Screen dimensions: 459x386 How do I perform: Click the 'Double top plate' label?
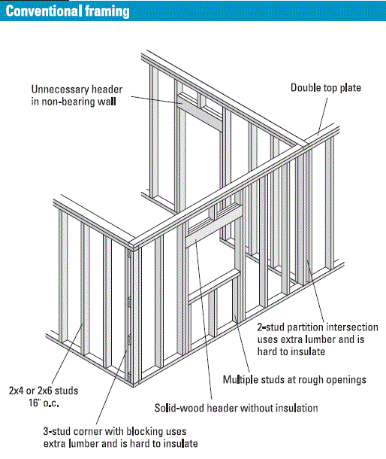[x=326, y=88]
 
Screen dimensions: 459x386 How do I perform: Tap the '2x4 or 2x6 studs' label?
[x=44, y=391]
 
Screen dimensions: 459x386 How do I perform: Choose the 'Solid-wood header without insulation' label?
[x=237, y=408]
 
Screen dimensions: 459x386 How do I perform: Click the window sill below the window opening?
[x=213, y=287]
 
